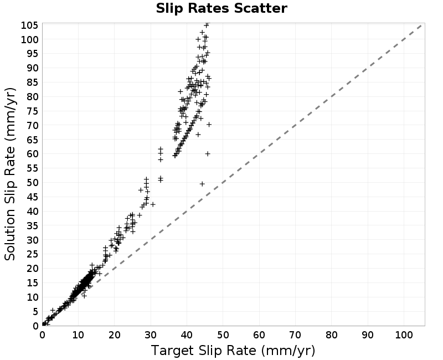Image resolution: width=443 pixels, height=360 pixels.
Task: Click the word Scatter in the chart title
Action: pos(260,8)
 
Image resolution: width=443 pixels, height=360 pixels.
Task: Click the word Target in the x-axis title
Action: pos(173,351)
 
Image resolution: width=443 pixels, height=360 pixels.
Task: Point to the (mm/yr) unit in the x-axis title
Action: pos(288,351)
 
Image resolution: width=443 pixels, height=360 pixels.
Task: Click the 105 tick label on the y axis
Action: pos(29,25)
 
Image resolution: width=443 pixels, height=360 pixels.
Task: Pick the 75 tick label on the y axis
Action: pos(32,111)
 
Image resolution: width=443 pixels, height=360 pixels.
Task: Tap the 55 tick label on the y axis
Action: pos(32,168)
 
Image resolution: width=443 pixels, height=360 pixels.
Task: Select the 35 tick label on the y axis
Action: pos(32,226)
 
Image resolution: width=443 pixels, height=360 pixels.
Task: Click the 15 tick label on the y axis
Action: pos(32,283)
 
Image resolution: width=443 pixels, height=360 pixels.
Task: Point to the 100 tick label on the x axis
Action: pos(404,335)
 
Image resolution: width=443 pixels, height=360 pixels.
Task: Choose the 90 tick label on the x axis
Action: pos(368,335)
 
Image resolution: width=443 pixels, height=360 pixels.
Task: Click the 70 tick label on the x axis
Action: pos(296,335)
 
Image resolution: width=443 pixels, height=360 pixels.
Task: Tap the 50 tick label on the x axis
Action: pos(223,335)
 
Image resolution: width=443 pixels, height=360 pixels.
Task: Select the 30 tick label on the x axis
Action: pos(151,335)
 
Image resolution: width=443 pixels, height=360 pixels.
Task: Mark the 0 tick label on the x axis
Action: pos(43,335)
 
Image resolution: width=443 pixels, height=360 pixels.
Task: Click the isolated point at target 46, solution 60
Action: pos(208,154)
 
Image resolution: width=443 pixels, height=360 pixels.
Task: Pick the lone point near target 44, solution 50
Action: pos(202,184)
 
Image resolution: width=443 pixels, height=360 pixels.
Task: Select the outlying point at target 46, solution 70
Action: pos(209,124)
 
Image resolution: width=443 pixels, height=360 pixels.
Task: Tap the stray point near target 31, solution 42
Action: pos(153,204)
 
